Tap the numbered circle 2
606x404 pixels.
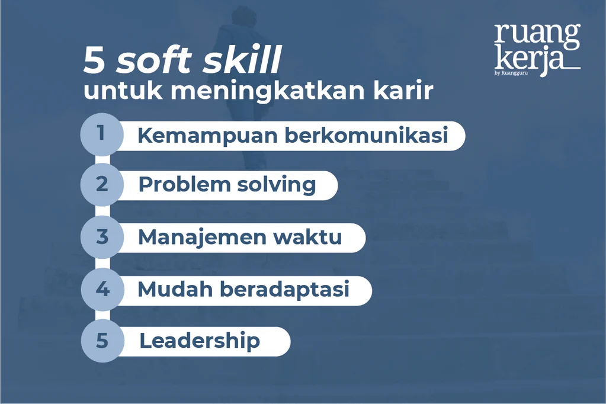click(x=102, y=185)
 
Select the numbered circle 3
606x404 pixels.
click(x=102, y=237)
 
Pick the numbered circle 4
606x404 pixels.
click(x=102, y=290)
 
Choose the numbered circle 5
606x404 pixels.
click(x=102, y=341)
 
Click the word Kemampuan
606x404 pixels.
click(x=207, y=136)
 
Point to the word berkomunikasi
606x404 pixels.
click(x=365, y=136)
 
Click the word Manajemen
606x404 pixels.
click(x=201, y=237)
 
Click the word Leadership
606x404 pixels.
click(x=199, y=341)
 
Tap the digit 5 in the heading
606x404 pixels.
click(x=94, y=62)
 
